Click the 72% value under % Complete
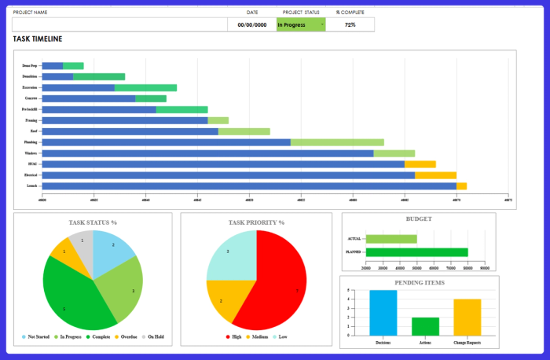click(x=350, y=24)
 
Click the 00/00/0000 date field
click(x=251, y=24)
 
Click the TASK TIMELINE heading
click(x=38, y=39)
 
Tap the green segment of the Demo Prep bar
click(x=73, y=66)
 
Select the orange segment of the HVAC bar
click(x=420, y=164)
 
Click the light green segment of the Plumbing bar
click(x=337, y=142)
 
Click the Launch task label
click(x=31, y=186)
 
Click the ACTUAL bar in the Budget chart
click(x=391, y=238)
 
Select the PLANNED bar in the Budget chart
click(x=416, y=252)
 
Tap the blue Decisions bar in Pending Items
click(x=383, y=313)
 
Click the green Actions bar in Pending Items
click(x=425, y=326)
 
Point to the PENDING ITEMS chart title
click(x=418, y=282)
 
